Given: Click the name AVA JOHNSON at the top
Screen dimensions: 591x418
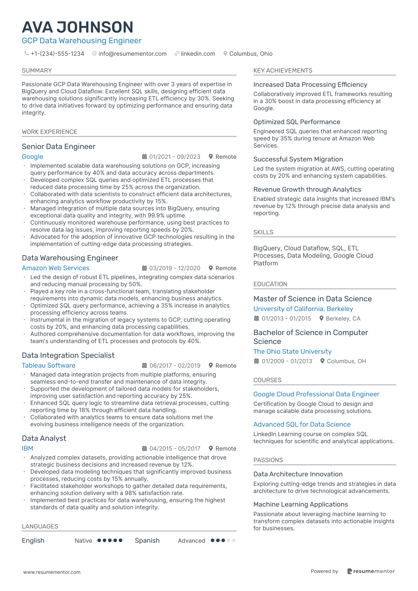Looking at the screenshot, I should click(78, 27).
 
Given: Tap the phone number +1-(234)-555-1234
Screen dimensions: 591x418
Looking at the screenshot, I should click(57, 54).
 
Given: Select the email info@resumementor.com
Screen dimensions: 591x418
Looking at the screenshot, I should click(133, 54).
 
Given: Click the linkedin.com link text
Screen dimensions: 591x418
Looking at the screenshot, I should click(198, 54).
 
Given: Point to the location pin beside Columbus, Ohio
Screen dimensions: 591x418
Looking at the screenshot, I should click(225, 53).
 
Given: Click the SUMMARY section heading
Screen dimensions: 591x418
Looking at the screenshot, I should click(37, 71).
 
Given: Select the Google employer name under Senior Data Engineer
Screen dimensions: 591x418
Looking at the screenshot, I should click(33, 157).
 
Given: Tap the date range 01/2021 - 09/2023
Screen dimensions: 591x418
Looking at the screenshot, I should click(175, 157).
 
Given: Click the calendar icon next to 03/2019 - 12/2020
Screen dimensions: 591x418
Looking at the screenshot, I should click(144, 268).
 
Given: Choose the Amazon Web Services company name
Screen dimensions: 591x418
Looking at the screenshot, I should click(56, 268).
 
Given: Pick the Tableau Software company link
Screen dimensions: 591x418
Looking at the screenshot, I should click(49, 366).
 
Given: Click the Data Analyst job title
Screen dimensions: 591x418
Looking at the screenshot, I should click(44, 438).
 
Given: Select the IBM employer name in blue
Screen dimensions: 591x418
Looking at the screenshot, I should click(28, 449).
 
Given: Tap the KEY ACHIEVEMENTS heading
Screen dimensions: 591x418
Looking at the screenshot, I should click(283, 71).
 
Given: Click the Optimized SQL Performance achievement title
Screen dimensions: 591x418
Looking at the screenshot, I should click(297, 122).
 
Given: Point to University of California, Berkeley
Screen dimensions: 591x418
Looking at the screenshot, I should click(303, 309).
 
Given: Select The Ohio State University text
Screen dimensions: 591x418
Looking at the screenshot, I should click(292, 352).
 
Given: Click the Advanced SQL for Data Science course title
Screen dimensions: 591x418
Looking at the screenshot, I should click(302, 425).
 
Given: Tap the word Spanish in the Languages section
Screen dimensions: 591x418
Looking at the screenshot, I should click(147, 541).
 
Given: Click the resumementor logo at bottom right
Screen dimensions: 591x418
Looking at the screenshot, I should click(371, 571).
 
